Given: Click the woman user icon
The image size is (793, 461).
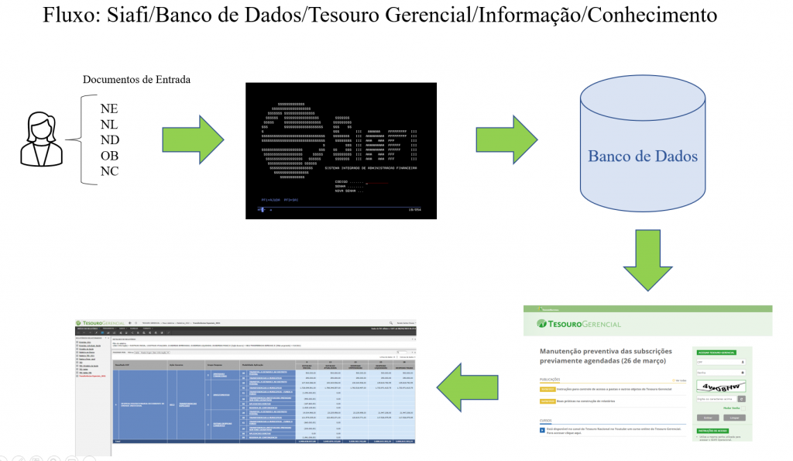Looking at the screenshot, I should click(43, 139).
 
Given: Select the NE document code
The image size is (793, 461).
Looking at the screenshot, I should click(109, 108).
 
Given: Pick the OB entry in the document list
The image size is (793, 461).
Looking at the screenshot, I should click(109, 156).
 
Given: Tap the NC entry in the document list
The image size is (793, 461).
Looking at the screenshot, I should click(109, 171).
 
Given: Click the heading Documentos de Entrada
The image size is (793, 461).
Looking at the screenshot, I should click(136, 80).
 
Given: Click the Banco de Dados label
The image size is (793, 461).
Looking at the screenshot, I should click(643, 157).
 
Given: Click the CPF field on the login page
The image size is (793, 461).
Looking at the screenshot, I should click(719, 362).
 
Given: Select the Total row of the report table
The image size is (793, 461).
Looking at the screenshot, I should click(263, 441).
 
